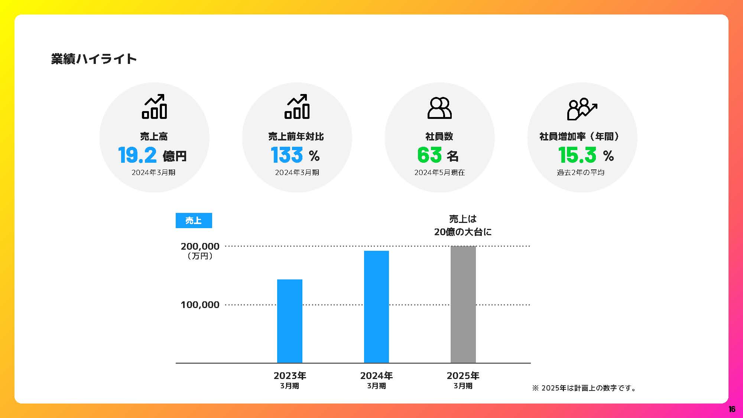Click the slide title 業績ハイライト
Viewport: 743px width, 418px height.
coord(94,59)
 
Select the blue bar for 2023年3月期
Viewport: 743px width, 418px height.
coord(290,321)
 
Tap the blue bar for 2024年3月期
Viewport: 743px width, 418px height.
coord(376,307)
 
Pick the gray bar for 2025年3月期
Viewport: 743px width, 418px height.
coord(463,304)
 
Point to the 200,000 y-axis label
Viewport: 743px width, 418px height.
coord(200,246)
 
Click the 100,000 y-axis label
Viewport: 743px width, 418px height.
coord(200,305)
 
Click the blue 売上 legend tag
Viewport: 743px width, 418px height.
coord(194,221)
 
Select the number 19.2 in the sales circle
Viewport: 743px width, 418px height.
coord(137,155)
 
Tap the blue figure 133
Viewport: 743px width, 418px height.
coord(287,155)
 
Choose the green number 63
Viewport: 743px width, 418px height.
coord(429,155)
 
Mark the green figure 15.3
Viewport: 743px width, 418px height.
coord(577,155)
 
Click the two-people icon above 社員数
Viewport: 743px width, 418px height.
coord(439,108)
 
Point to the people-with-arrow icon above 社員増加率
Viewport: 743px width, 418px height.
coord(582,109)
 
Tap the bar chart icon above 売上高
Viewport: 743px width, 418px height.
coord(154,107)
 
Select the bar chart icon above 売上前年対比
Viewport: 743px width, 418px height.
coord(297,107)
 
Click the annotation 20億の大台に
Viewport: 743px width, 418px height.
coord(463,232)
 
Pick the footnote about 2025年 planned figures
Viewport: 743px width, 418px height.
coord(584,388)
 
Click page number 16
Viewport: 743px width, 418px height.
coord(731,409)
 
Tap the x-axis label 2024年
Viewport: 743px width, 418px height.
coord(376,376)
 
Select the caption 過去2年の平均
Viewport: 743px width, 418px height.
coord(581,173)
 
